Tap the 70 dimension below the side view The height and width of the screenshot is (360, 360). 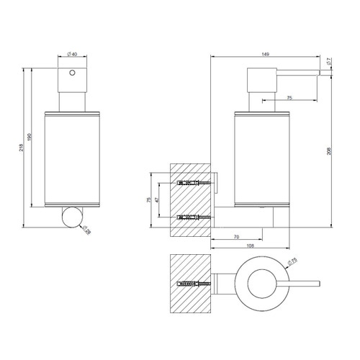click(236, 237)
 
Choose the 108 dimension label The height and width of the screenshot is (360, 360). click(249, 246)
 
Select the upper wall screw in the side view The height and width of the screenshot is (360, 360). click(194, 183)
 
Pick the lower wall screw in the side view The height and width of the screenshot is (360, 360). click(194, 216)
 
